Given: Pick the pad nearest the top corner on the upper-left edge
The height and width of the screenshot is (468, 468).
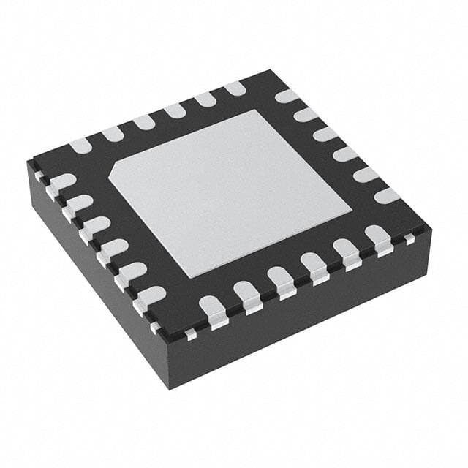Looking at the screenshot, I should (x=235, y=88).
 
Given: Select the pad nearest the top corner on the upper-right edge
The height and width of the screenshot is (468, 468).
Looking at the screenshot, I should (x=287, y=96).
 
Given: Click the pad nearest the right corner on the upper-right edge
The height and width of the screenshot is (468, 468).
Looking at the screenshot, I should (x=387, y=195).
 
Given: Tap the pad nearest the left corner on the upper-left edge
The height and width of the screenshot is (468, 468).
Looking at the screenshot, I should (x=80, y=145).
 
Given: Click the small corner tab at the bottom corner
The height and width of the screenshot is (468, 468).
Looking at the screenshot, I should (x=189, y=333).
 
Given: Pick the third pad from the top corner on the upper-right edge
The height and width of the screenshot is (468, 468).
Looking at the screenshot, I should (x=326, y=135).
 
